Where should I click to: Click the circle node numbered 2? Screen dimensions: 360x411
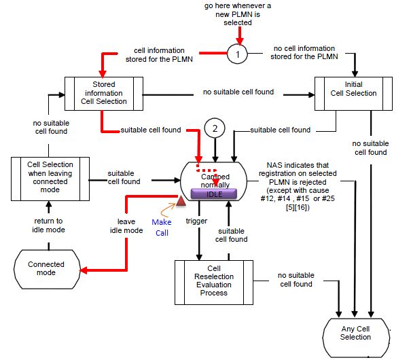pyautogui.click(x=215, y=128)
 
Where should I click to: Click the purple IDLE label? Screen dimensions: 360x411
pyautogui.click(x=214, y=194)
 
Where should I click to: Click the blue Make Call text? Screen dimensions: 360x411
pyautogui.click(x=162, y=227)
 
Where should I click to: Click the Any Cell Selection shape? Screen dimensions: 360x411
pyautogui.click(x=356, y=332)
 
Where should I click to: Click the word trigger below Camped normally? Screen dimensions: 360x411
pyautogui.click(x=196, y=221)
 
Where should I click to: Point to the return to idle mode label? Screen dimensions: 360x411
pyautogui.click(x=48, y=225)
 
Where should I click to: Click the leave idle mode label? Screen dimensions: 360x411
pyautogui.click(x=126, y=225)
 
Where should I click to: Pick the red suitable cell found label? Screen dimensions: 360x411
pyautogui.click(x=151, y=130)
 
